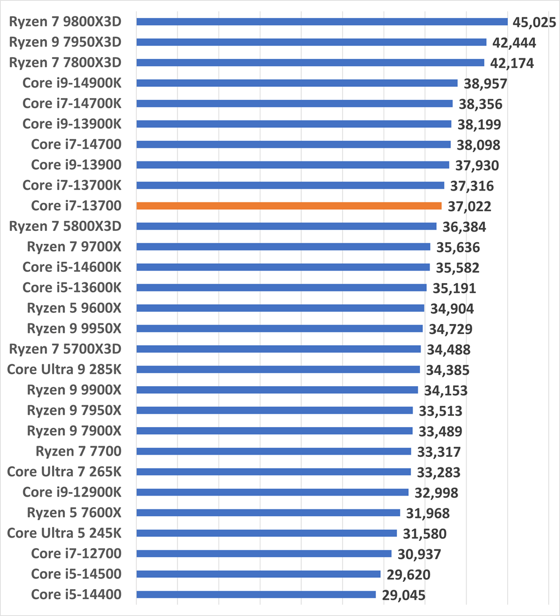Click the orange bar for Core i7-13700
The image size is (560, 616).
(289, 206)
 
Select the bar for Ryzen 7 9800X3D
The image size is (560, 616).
(322, 22)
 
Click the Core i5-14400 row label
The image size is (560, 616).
(76, 594)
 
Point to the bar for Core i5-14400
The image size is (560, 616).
(256, 594)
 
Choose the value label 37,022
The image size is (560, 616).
(469, 206)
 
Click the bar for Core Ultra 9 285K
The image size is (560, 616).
(278, 369)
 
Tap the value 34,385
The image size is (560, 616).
(447, 370)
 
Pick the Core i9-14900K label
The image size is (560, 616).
(72, 83)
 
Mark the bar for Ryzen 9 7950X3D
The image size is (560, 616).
(311, 42)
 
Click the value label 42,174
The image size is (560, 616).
(512, 63)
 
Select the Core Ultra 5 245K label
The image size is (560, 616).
(64, 532)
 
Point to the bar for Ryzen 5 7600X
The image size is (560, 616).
(268, 512)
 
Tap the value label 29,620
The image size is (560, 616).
(408, 574)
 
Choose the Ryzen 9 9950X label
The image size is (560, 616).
(74, 328)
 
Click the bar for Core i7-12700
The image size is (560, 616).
(264, 553)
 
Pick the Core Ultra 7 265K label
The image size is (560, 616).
(64, 471)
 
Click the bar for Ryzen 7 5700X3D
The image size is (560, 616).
(278, 349)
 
